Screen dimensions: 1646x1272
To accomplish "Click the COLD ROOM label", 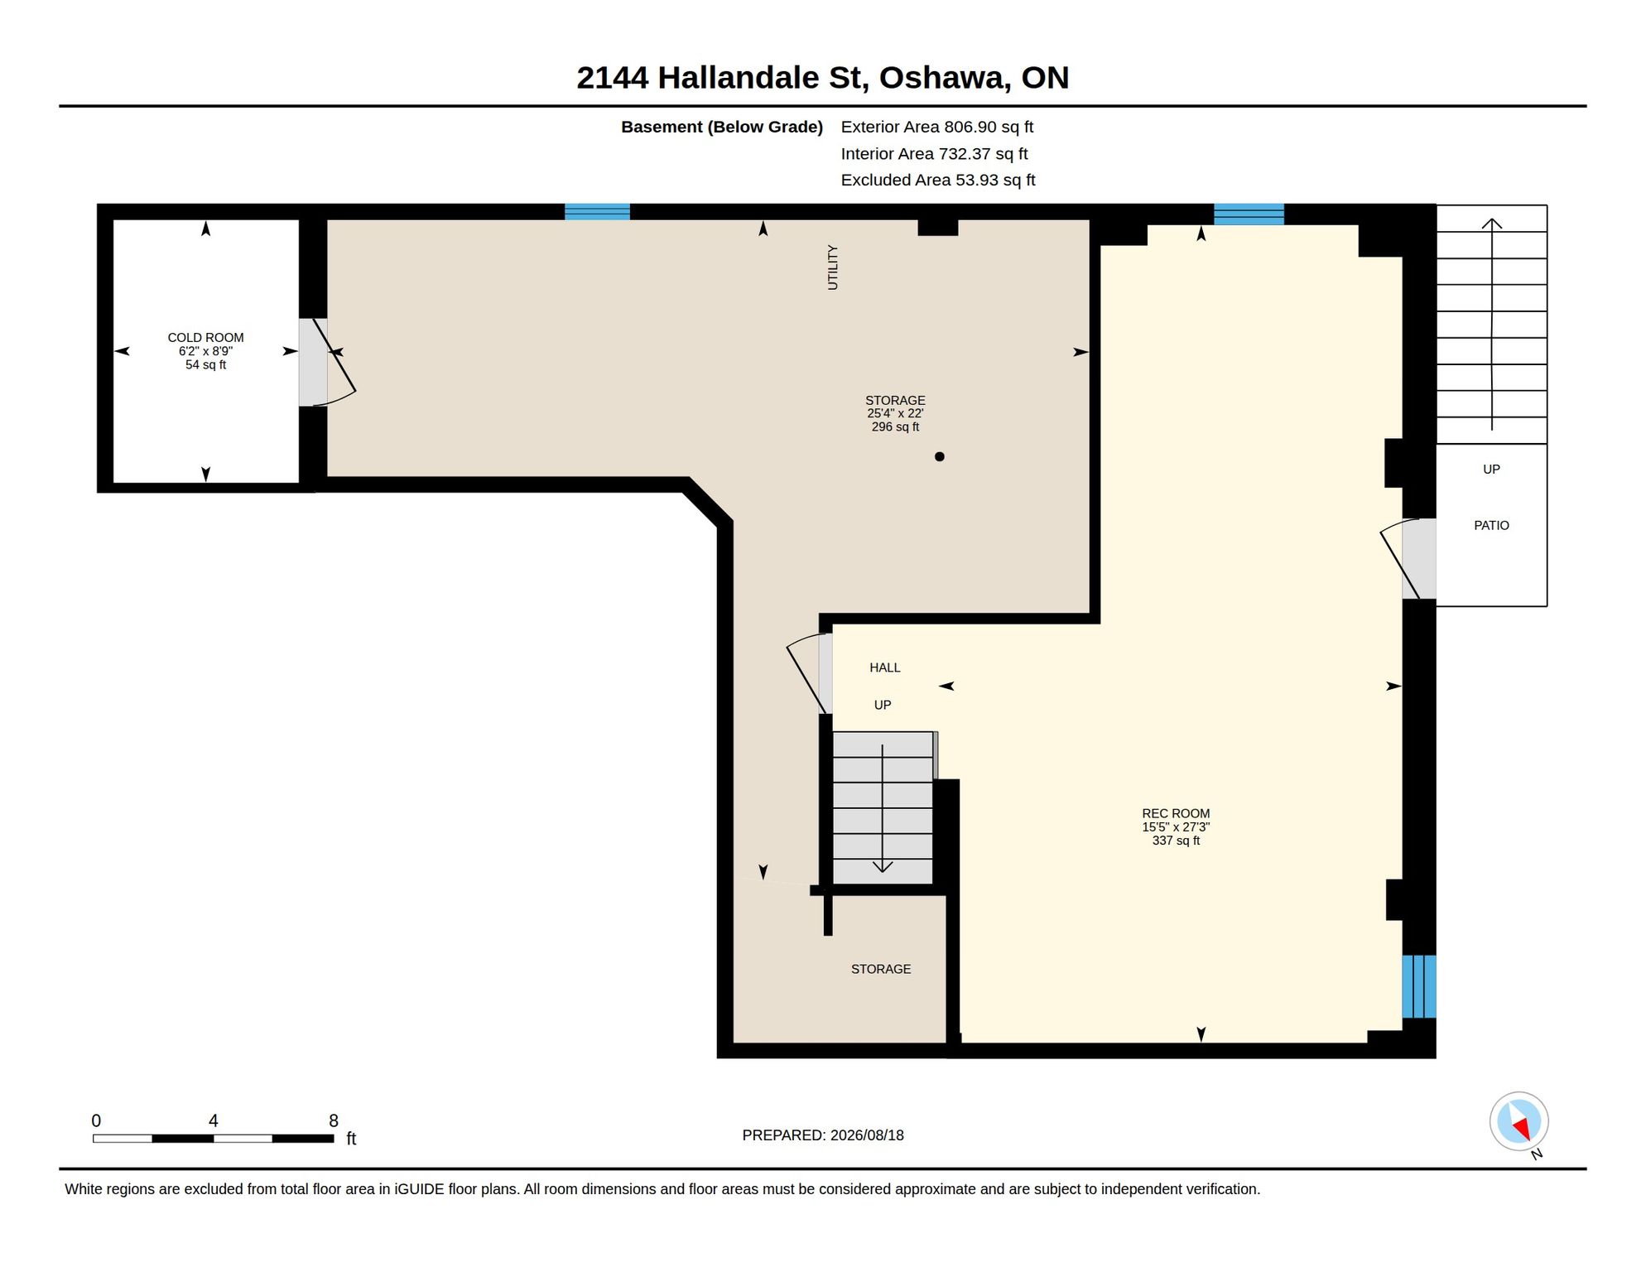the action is [x=205, y=337].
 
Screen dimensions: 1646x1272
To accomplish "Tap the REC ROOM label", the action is [x=1176, y=813].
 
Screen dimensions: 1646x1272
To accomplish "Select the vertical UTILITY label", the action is [x=833, y=267].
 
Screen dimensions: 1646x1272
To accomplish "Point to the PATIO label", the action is [x=1491, y=525].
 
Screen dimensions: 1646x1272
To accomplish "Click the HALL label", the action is [x=884, y=667].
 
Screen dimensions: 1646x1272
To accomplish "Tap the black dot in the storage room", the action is [x=939, y=456].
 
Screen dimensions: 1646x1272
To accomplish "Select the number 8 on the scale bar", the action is [x=334, y=1120].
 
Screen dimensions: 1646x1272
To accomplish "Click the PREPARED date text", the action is [x=823, y=1135].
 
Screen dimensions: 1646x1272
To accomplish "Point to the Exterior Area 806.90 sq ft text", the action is [x=937, y=127].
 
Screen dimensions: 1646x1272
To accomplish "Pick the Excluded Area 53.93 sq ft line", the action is [x=938, y=180].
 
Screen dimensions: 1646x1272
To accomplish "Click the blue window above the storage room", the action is [x=597, y=211].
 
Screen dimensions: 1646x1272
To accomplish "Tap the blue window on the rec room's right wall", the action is [x=1418, y=986].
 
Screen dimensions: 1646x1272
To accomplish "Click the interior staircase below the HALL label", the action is [x=883, y=807].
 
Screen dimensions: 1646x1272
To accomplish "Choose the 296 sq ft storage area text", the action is [x=895, y=426].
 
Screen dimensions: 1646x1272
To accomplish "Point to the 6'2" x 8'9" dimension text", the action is [x=205, y=351].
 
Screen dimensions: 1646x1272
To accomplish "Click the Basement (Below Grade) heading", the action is [x=722, y=127].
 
